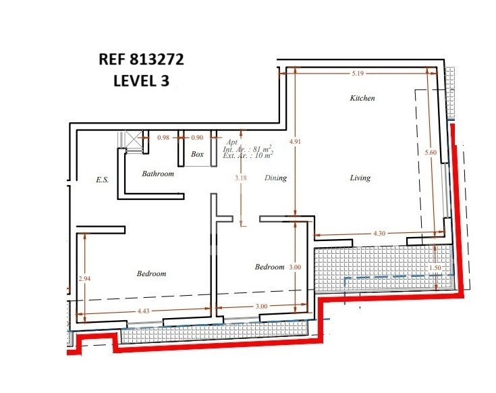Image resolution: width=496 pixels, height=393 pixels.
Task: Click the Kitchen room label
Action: (x=362, y=98)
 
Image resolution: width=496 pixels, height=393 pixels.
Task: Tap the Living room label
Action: (x=360, y=178)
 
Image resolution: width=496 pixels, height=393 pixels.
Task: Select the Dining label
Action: (x=275, y=178)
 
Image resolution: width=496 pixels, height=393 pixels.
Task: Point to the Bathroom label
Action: (x=158, y=174)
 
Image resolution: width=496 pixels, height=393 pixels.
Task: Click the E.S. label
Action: (x=102, y=180)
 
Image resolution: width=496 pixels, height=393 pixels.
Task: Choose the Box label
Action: (x=197, y=154)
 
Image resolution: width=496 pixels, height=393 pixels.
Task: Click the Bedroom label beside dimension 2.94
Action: (x=151, y=273)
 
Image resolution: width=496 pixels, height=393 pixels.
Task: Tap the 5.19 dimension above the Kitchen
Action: (x=358, y=74)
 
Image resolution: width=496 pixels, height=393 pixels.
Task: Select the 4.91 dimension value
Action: (x=295, y=141)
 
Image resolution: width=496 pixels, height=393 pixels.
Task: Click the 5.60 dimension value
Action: (x=431, y=152)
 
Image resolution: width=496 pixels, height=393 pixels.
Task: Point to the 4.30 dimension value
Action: (x=379, y=234)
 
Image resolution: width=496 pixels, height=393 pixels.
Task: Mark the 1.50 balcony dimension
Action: (x=435, y=267)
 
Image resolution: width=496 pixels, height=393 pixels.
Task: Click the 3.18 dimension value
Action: (x=241, y=178)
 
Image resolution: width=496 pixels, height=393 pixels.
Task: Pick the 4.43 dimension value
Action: (x=143, y=311)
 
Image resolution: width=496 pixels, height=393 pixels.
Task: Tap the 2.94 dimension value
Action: (x=84, y=278)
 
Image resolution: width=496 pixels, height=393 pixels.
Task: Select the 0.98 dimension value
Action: (x=163, y=138)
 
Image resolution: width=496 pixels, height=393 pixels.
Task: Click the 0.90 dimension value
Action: (x=197, y=138)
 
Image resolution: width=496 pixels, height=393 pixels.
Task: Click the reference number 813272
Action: (x=157, y=59)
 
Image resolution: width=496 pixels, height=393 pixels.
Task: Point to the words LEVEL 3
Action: (x=142, y=80)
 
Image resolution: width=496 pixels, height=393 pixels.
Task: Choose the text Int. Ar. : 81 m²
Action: (x=248, y=149)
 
